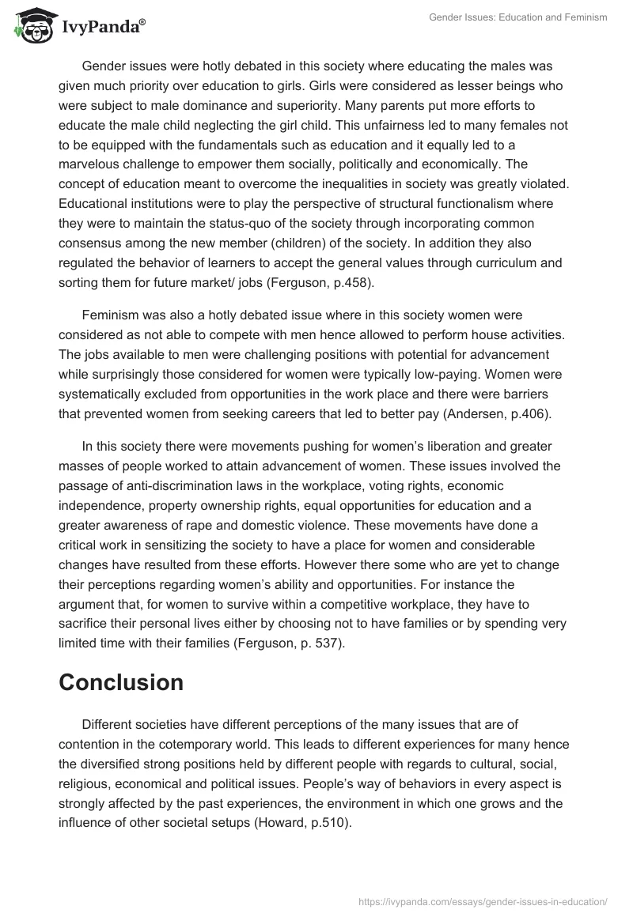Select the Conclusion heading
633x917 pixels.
click(x=121, y=681)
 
